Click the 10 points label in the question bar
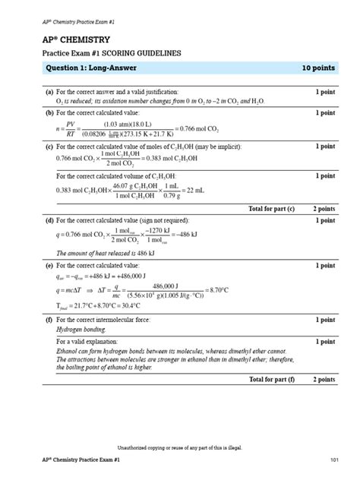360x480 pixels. (x=318, y=68)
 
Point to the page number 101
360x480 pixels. (x=333, y=461)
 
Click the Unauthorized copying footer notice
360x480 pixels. (x=179, y=448)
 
